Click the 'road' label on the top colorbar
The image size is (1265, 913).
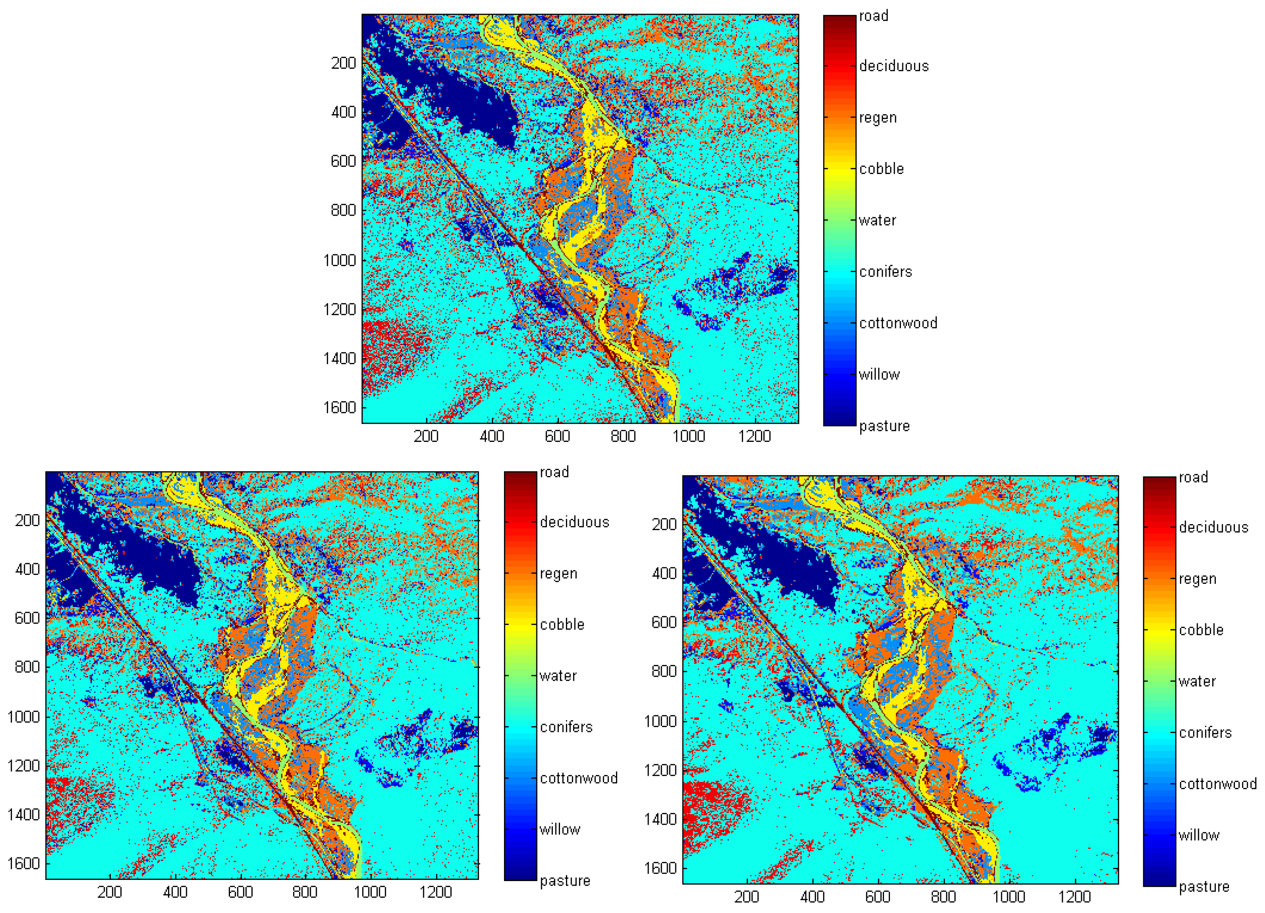point(873,16)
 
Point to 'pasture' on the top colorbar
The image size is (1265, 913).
point(884,426)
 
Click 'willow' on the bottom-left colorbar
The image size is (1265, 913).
point(560,829)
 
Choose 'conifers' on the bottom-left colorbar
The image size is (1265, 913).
point(566,727)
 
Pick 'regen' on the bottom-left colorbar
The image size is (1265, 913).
point(558,573)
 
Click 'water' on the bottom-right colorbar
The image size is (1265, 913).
point(1197,681)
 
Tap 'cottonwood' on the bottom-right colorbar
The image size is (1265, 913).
point(1218,784)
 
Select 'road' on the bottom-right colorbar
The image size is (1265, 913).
point(1193,478)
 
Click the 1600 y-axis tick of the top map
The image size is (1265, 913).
point(339,408)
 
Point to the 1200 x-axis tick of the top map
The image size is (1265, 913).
point(754,436)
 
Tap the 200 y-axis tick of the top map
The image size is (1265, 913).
point(343,63)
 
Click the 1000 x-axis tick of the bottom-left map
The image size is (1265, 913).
point(370,892)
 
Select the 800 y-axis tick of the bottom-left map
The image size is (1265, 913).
point(27,667)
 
